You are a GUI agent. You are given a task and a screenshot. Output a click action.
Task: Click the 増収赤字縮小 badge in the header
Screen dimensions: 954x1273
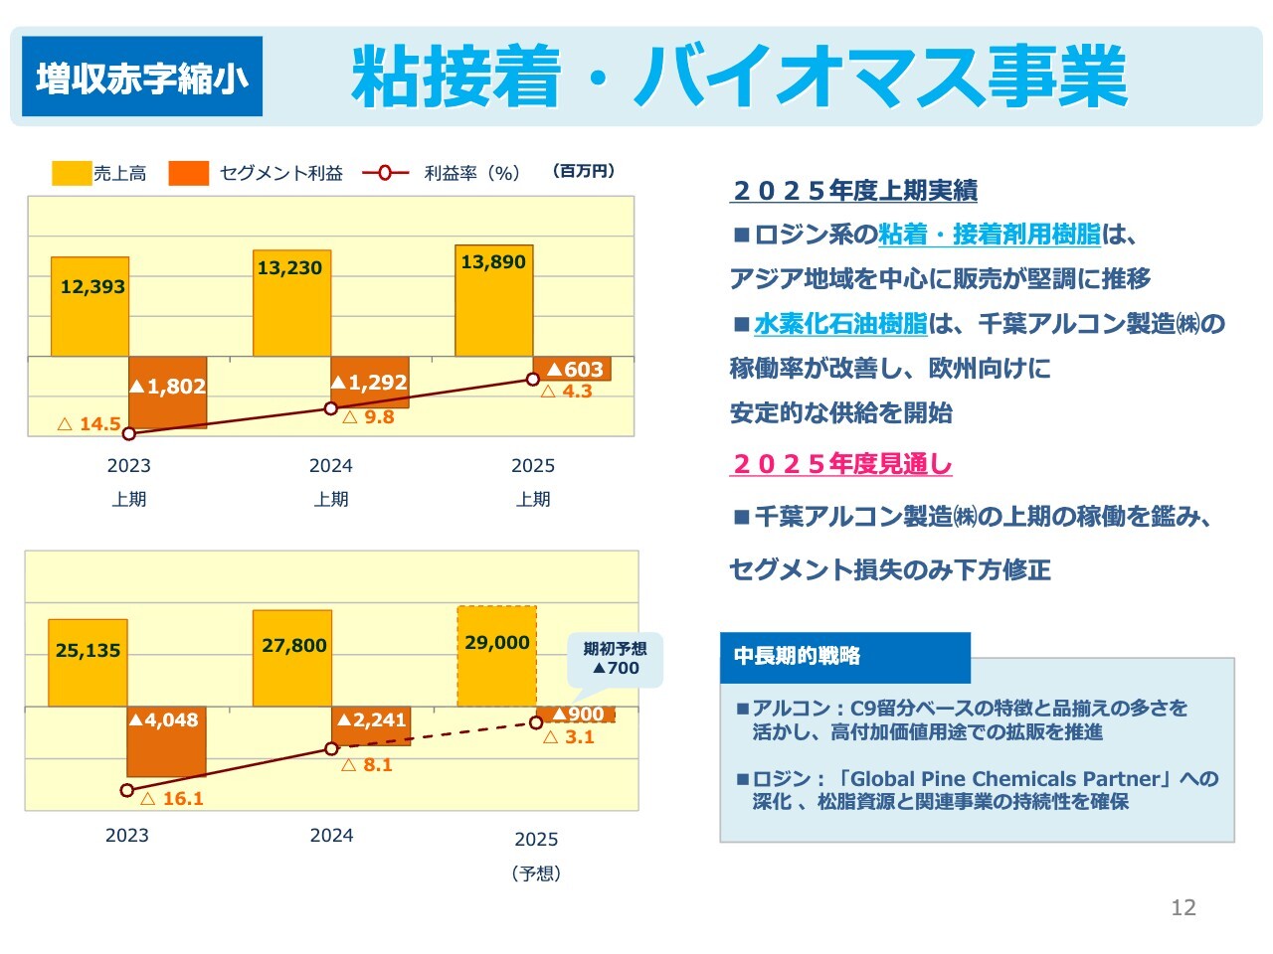click(142, 77)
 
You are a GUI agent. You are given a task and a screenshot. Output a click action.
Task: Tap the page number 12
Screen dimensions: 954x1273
click(1183, 907)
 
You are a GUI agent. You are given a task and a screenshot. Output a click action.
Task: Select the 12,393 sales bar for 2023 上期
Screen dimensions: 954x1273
click(91, 307)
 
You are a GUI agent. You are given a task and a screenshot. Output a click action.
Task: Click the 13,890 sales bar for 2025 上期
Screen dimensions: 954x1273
click(494, 300)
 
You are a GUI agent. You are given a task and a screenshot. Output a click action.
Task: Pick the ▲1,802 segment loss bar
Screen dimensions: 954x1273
click(168, 393)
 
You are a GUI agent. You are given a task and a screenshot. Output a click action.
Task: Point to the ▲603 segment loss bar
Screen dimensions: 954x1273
click(573, 369)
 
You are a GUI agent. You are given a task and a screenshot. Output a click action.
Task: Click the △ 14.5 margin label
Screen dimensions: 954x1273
click(90, 424)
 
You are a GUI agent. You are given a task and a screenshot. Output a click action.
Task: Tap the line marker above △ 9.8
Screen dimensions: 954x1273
click(331, 408)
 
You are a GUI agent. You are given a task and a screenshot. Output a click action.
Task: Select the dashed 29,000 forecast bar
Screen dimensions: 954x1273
click(497, 656)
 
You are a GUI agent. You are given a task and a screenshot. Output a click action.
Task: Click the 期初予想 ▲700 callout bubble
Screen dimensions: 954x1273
click(615, 659)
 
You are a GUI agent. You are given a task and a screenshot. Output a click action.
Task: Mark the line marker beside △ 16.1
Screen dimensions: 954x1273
click(126, 790)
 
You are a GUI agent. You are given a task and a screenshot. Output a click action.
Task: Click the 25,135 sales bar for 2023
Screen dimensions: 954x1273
click(89, 663)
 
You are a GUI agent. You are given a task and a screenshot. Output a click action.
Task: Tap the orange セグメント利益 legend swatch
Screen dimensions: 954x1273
click(189, 173)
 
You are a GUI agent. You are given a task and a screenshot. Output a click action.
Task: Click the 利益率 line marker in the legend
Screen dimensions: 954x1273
click(385, 173)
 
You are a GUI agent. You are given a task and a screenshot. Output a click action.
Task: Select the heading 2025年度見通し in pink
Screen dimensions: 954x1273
click(841, 464)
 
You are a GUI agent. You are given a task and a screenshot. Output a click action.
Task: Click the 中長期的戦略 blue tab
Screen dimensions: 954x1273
click(844, 657)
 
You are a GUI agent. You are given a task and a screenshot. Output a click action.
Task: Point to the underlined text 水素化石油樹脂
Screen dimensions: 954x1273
click(840, 323)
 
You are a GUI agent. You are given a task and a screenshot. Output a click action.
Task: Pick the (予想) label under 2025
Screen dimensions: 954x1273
click(536, 874)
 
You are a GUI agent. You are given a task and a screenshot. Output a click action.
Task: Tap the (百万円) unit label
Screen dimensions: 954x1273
click(584, 171)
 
